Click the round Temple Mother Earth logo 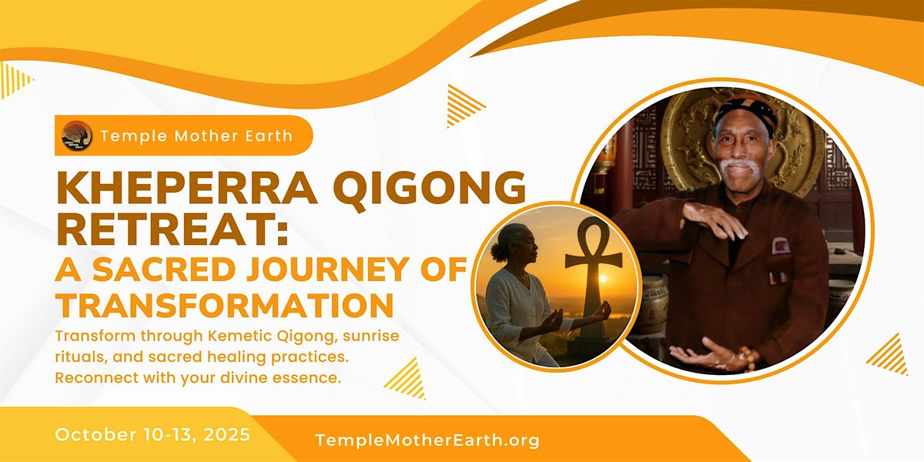(77, 136)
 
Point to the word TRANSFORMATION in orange (225, 303)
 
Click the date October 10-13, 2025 (152, 434)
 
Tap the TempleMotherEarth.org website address (427, 440)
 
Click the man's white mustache (741, 167)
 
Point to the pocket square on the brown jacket (781, 246)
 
